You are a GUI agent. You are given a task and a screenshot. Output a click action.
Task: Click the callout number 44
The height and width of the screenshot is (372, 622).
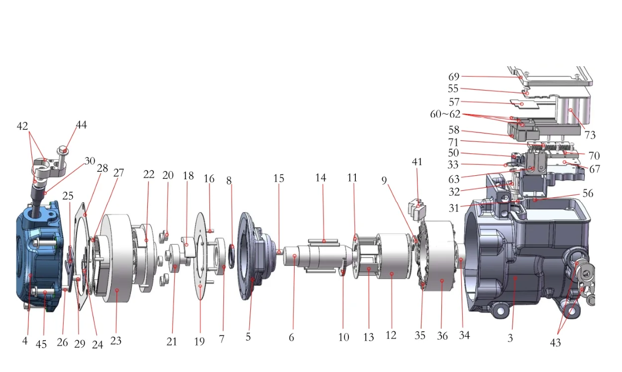(82, 124)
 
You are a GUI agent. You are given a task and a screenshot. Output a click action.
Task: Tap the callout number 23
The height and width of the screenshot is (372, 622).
(116, 341)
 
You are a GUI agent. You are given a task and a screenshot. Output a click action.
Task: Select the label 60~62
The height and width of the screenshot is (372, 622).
(445, 114)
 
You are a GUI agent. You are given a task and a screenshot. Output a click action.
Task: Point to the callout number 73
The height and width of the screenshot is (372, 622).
(590, 135)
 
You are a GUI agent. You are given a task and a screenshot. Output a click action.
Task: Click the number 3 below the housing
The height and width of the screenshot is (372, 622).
(510, 338)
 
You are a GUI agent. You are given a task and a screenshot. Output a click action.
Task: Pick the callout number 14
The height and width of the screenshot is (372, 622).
(321, 177)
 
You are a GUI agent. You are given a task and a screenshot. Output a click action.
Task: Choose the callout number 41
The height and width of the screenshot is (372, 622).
(417, 162)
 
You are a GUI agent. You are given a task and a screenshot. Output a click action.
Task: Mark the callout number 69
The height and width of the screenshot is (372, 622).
(454, 76)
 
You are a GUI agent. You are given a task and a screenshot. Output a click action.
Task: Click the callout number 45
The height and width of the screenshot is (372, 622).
(41, 344)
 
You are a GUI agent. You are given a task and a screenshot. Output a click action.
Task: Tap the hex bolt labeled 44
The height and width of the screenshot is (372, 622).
(62, 155)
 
